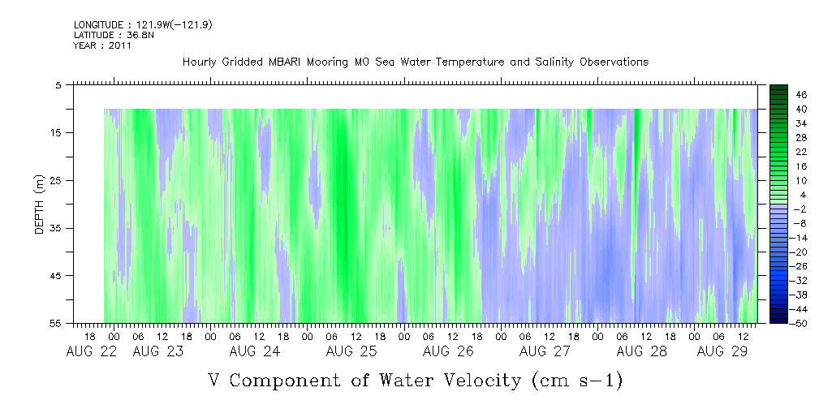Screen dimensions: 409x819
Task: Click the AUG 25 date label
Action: (x=351, y=351)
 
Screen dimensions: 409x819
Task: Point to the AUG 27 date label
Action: (x=545, y=351)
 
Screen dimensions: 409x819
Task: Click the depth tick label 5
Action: (x=58, y=84)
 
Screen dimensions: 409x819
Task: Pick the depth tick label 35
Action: (x=57, y=228)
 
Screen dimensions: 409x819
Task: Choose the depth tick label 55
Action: (x=57, y=324)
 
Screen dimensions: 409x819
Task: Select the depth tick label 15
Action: (x=57, y=132)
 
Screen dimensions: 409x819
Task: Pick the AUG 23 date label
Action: (x=157, y=351)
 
